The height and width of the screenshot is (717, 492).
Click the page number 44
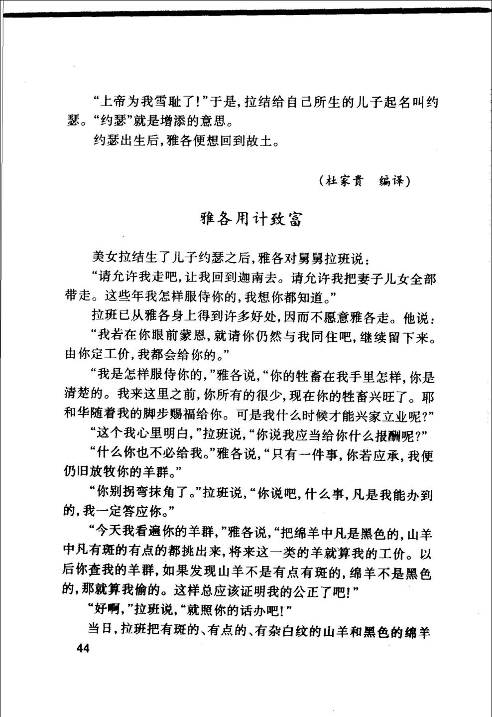[80, 648]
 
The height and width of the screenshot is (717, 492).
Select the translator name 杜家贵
[344, 181]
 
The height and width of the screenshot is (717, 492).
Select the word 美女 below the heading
[105, 258]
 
